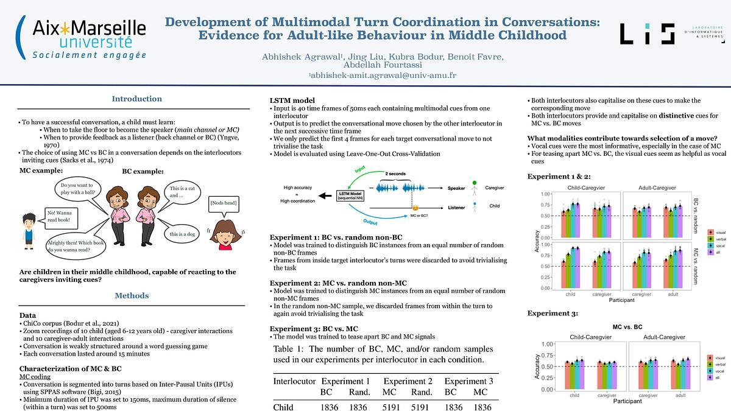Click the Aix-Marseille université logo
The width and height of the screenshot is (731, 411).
tap(83, 37)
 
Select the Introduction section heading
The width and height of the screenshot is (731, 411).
tap(137, 99)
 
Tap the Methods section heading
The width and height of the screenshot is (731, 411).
tap(132, 296)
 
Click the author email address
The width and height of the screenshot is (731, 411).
tap(383, 76)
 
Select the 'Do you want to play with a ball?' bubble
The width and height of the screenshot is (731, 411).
tap(77, 189)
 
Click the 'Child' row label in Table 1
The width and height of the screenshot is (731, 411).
tap(283, 407)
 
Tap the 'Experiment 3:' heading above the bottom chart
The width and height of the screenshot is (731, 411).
tap(552, 313)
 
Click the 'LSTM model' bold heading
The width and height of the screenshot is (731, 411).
tap(292, 100)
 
